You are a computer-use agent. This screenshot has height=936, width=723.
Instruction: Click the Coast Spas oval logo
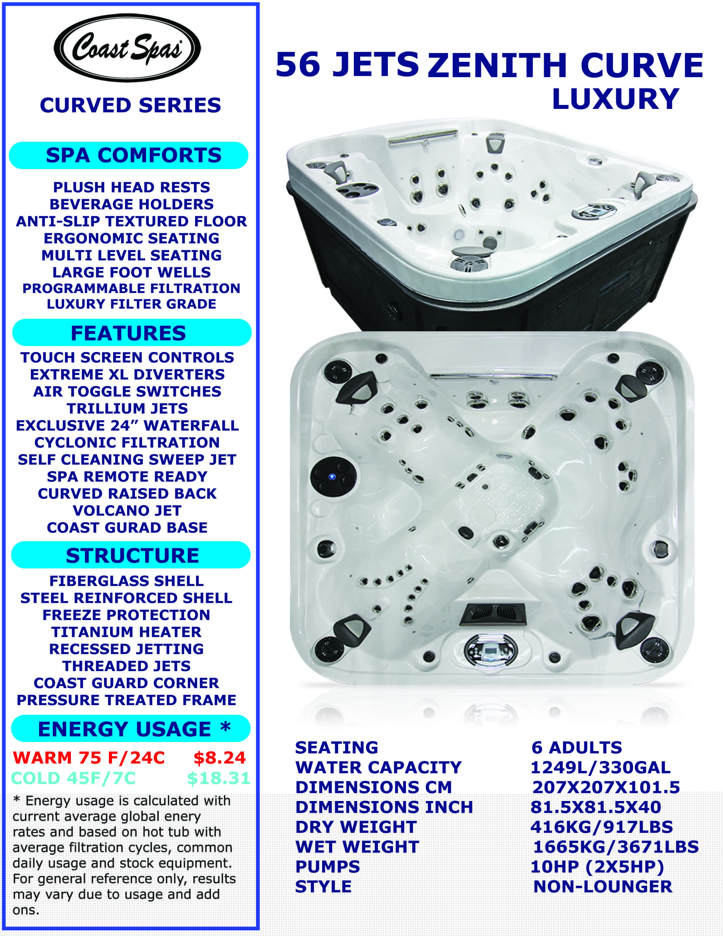(127, 48)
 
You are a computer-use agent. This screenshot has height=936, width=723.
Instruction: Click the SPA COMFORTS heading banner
(128, 155)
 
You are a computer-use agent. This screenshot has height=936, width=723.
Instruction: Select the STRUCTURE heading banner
(131, 555)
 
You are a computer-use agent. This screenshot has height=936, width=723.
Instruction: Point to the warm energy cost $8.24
(219, 758)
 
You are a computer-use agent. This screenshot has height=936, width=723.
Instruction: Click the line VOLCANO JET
(127, 511)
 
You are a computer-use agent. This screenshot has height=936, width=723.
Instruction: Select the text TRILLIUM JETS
(127, 408)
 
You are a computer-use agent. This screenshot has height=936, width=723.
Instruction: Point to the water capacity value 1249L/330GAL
(600, 767)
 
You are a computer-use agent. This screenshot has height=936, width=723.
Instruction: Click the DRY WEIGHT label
(356, 827)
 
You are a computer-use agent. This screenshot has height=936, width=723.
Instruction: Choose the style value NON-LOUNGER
(603, 886)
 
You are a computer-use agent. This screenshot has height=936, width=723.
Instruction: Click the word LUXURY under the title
(615, 99)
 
